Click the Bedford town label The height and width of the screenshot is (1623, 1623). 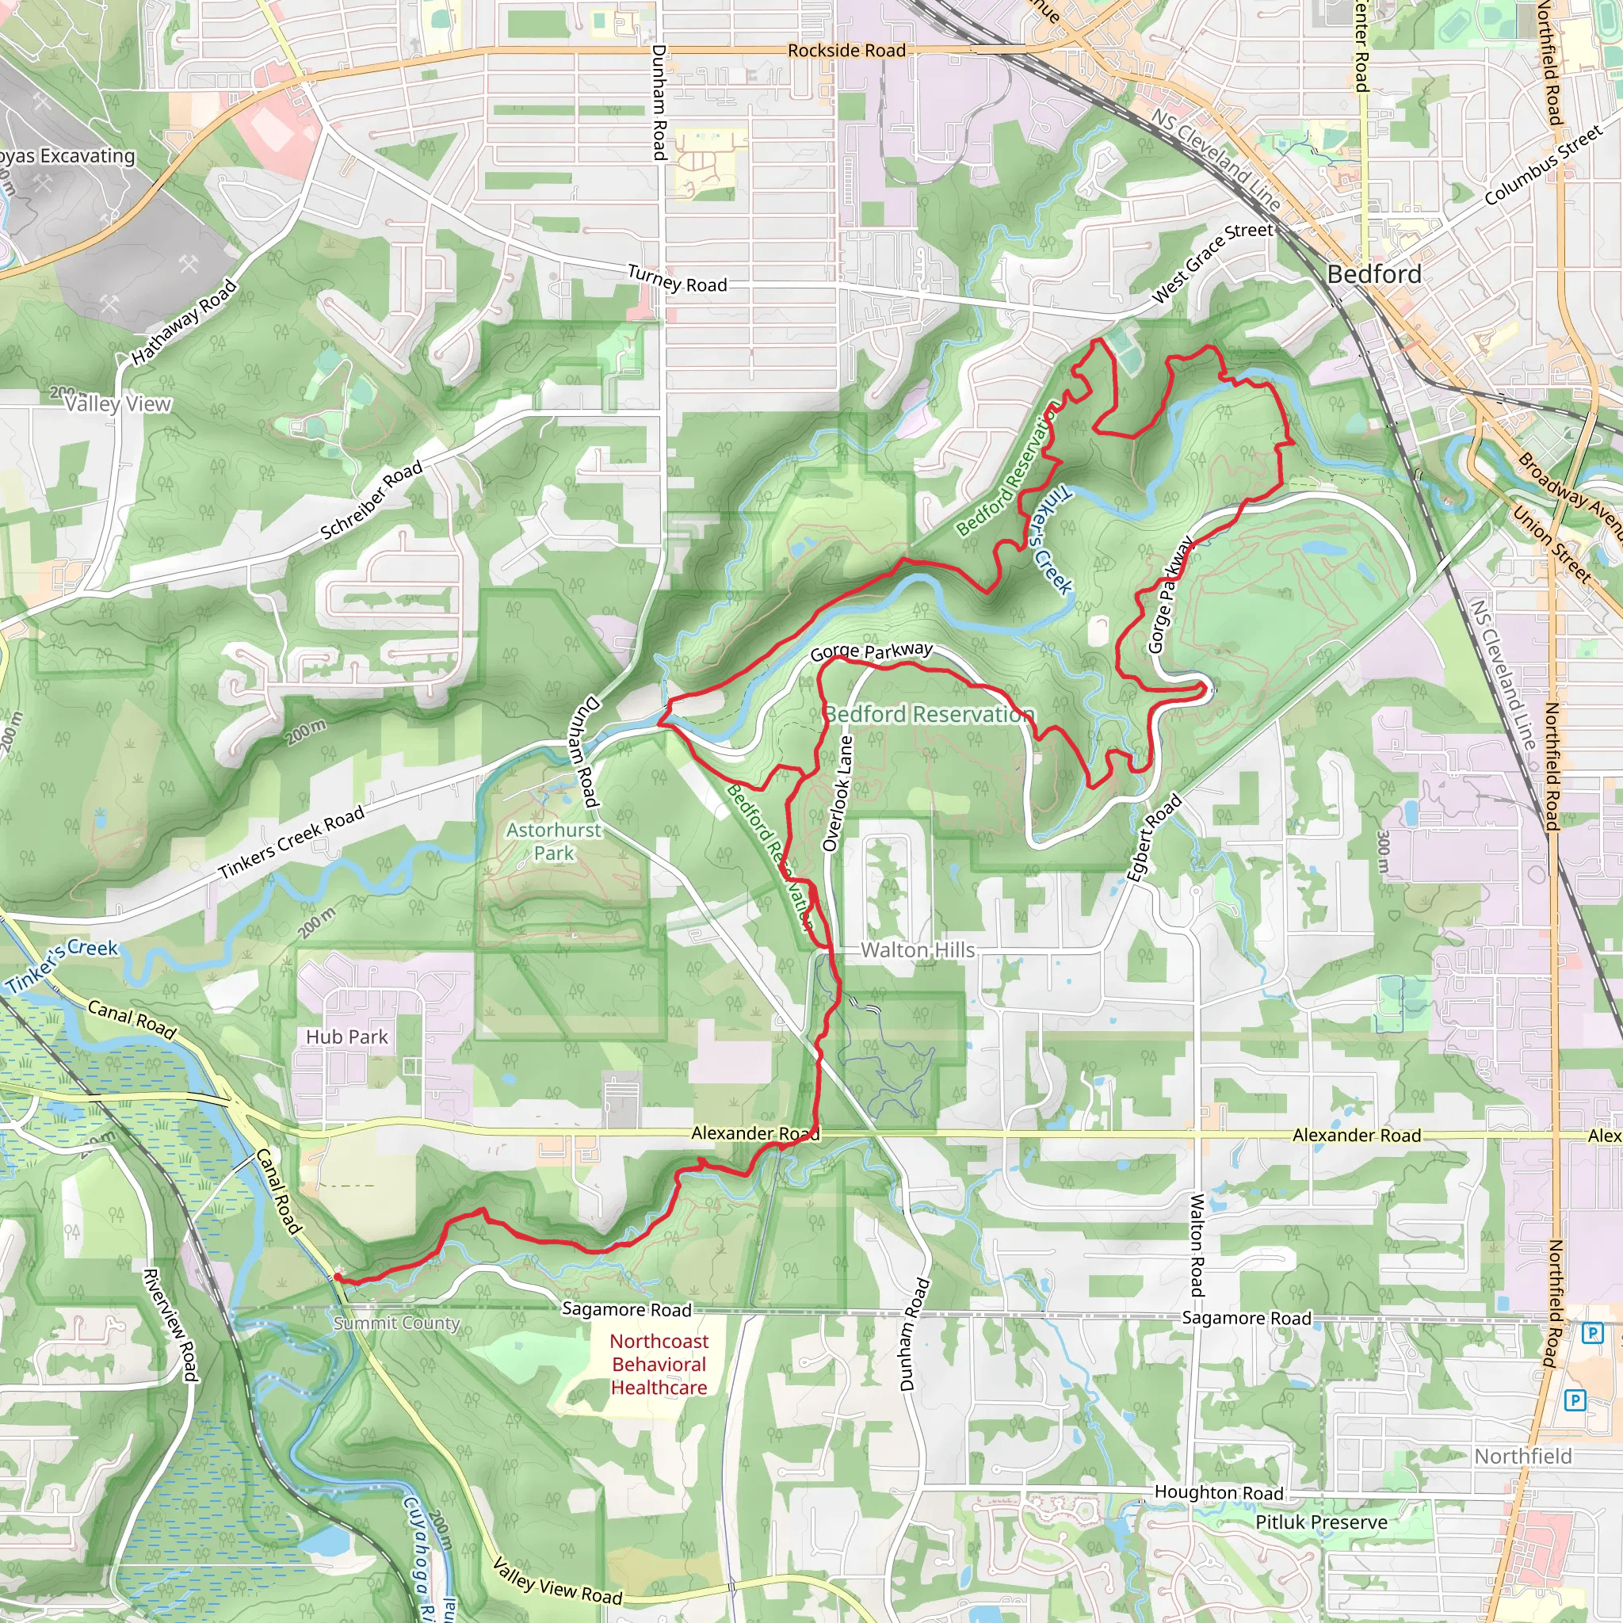(x=1373, y=275)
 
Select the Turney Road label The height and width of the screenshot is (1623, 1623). (x=677, y=280)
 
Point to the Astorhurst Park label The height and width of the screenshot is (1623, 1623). (x=554, y=841)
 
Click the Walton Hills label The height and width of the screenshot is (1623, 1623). (x=918, y=950)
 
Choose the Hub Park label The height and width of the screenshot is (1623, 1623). (x=347, y=1037)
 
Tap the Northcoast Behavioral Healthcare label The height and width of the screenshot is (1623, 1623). (x=659, y=1365)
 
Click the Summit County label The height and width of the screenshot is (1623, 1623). (x=396, y=1323)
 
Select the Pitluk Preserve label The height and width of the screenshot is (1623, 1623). (x=1321, y=1522)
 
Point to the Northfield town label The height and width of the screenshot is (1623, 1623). (x=1523, y=1456)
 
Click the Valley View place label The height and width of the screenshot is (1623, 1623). (x=118, y=404)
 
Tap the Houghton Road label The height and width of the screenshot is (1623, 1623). (x=1219, y=1492)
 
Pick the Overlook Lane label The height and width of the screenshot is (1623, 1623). (x=838, y=794)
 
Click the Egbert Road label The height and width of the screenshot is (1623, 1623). (x=1154, y=838)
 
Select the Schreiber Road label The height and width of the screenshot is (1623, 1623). (x=372, y=501)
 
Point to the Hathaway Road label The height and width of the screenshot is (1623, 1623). (x=184, y=323)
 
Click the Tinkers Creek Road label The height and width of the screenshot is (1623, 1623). (x=292, y=842)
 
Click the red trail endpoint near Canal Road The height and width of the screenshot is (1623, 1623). (x=337, y=1277)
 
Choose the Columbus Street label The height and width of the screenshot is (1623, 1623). (x=1543, y=166)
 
